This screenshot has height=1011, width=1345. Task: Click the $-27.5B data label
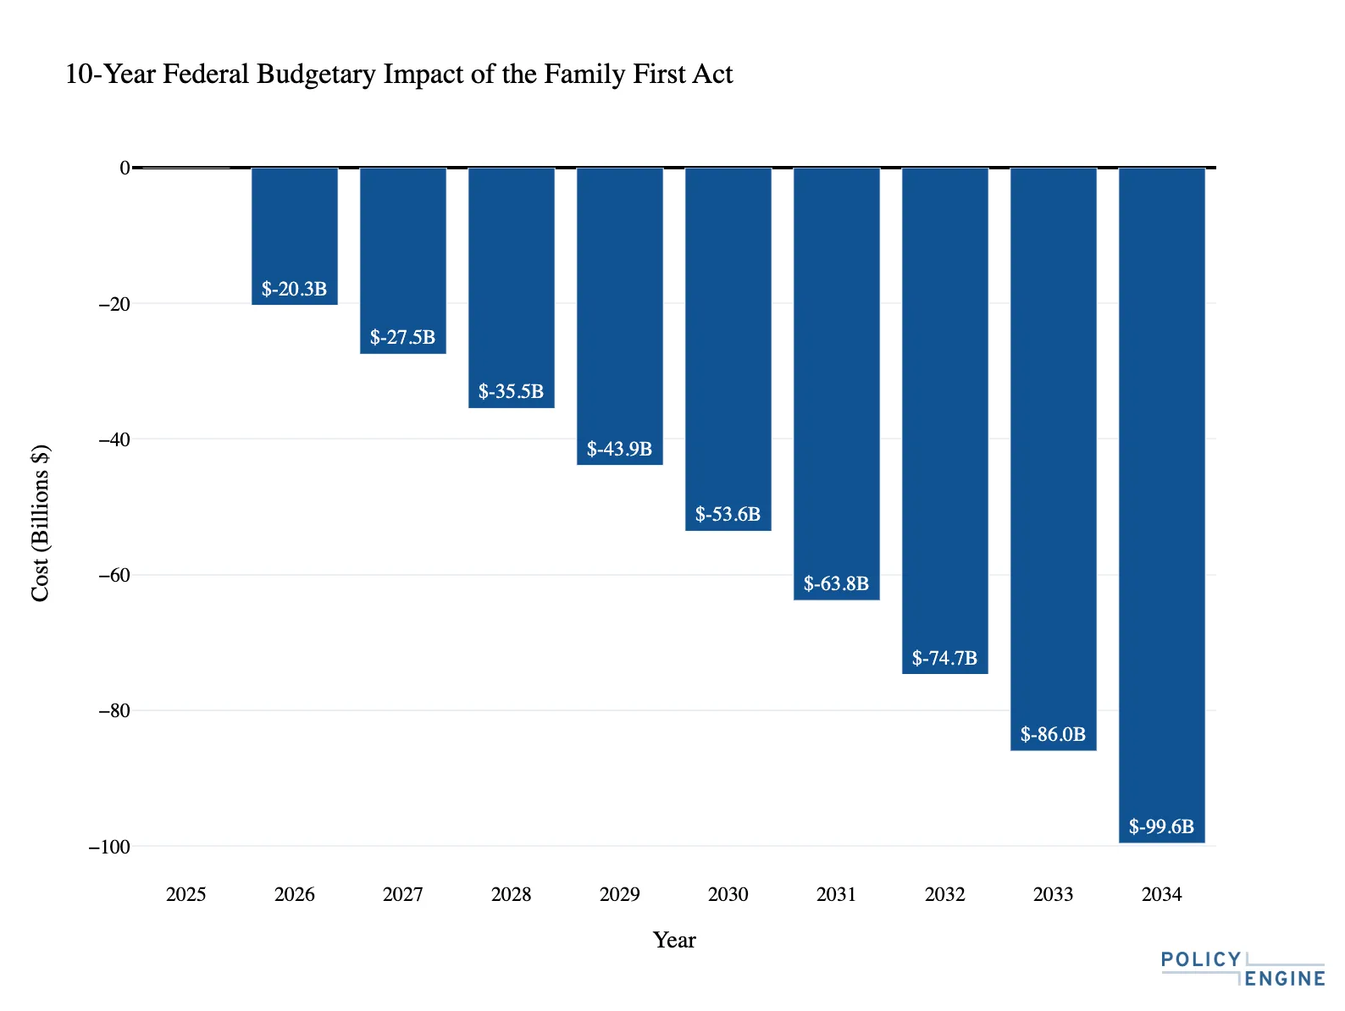(403, 338)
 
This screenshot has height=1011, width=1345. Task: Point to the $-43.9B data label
(620, 449)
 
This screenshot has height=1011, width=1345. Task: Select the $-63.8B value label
(837, 583)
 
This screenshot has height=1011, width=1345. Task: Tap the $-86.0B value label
(1054, 734)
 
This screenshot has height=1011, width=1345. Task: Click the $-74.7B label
(945, 658)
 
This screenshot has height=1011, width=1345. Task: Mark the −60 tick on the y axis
(113, 575)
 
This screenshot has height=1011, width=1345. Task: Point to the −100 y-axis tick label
(108, 847)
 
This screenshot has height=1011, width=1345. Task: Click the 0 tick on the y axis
(124, 168)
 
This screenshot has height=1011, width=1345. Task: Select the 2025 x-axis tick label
(186, 895)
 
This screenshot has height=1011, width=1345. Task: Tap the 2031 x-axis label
(837, 895)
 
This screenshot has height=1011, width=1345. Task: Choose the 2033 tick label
(1054, 895)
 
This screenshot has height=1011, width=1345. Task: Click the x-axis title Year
(674, 940)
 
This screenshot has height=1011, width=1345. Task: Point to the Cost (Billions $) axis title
(40, 522)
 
